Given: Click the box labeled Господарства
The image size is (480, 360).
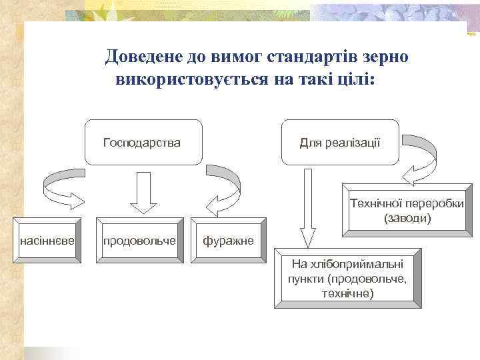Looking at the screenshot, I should point(143,142).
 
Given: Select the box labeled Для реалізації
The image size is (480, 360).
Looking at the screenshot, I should point(340,142).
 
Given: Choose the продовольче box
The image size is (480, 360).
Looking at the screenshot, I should point(139,239).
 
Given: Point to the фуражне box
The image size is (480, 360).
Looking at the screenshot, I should point(229,239).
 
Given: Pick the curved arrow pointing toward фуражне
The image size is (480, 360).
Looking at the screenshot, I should point(223,187).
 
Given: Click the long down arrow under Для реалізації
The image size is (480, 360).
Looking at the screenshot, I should point(307,207).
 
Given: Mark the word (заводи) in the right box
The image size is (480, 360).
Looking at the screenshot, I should point(407,218).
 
